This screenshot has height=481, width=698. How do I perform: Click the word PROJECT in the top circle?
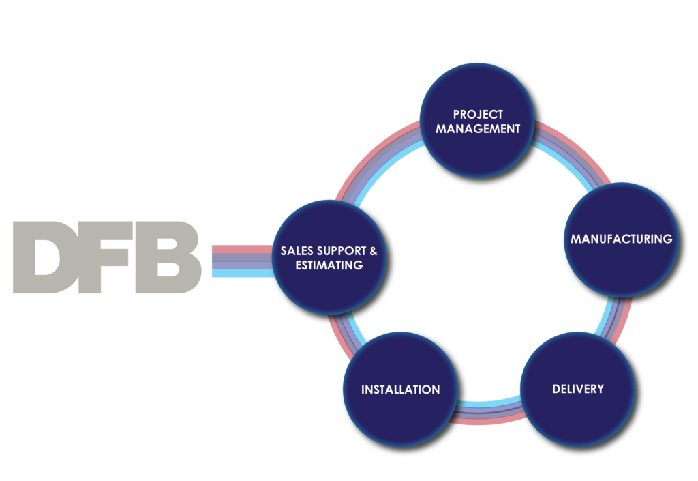478,114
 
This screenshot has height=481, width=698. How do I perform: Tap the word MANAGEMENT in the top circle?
478,128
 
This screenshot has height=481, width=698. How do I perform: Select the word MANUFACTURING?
621,239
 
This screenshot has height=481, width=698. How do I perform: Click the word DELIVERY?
577,389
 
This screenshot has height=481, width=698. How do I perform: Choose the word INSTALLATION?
400,390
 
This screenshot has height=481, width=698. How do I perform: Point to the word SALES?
297,251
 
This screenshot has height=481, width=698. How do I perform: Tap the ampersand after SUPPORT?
373,251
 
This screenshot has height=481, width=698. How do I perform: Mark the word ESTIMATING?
329,265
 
